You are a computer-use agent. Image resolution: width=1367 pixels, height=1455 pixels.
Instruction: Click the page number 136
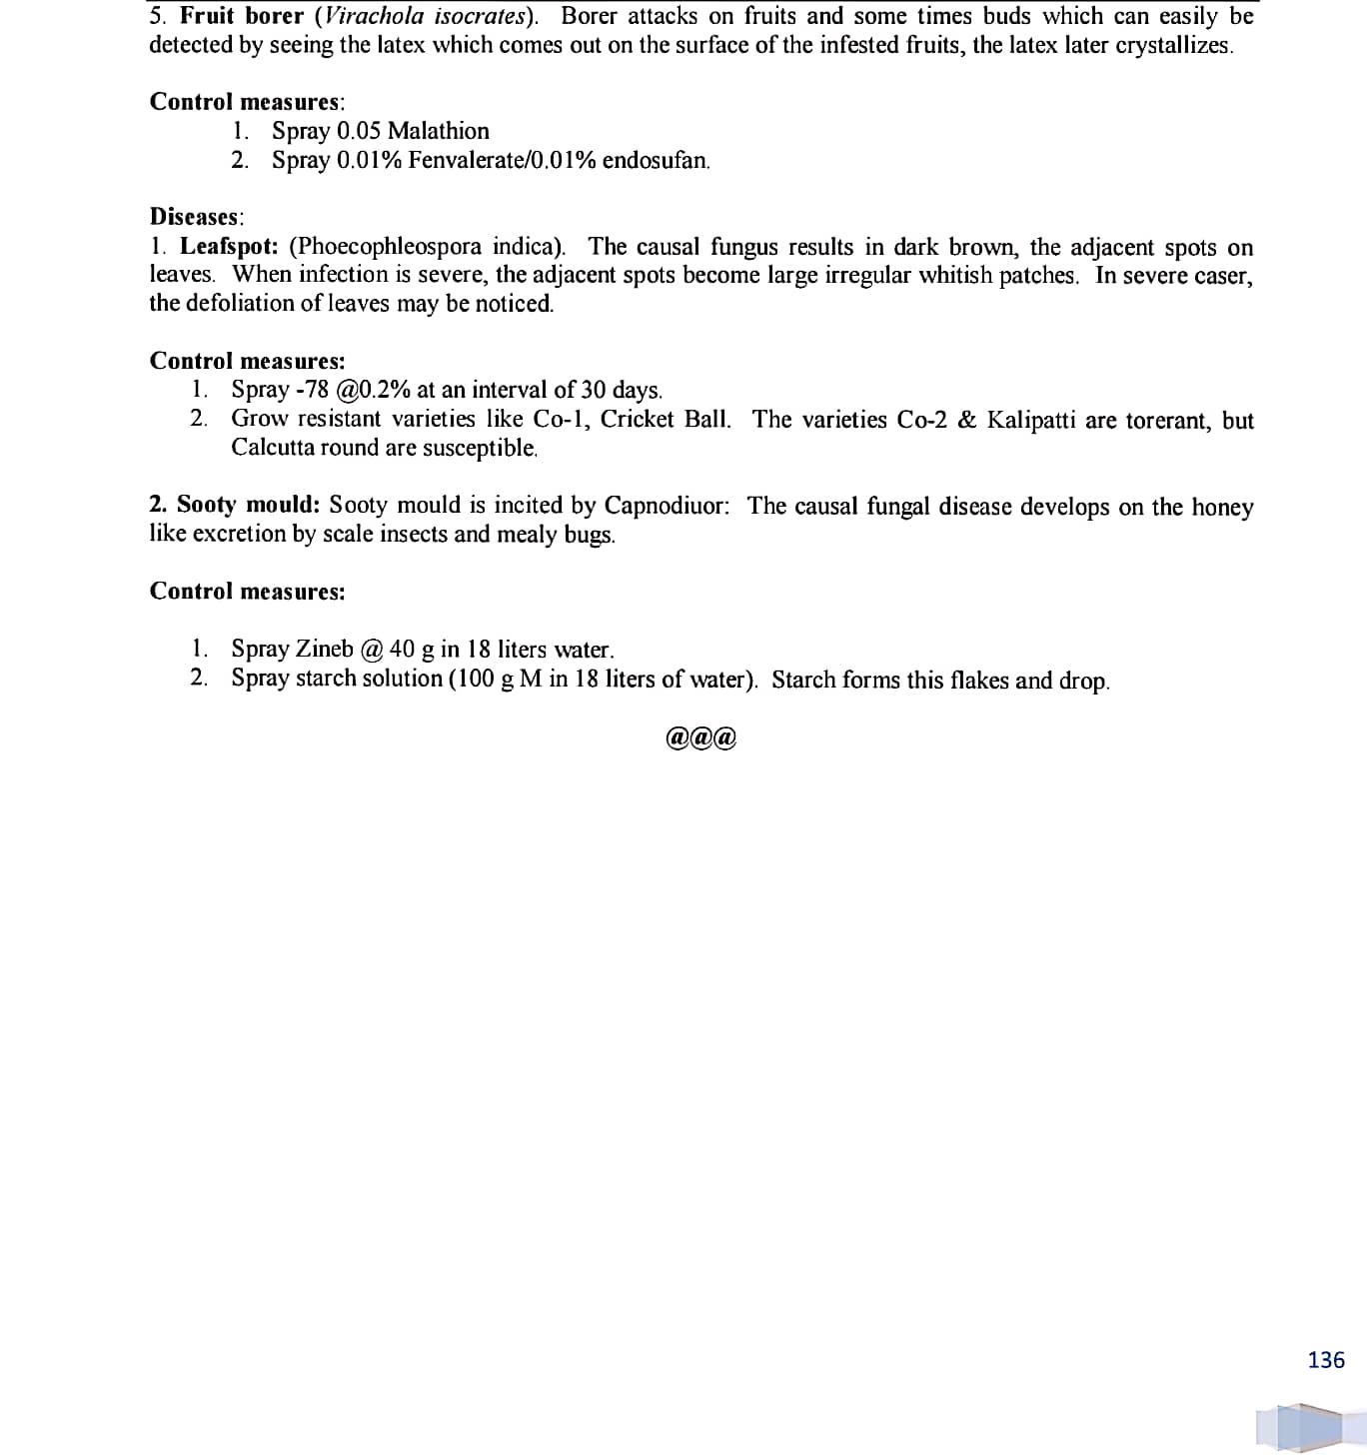click(x=1325, y=1359)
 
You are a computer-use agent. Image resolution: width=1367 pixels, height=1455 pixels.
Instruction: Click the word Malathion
click(x=438, y=131)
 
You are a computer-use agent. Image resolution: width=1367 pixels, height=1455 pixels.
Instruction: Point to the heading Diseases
click(x=195, y=217)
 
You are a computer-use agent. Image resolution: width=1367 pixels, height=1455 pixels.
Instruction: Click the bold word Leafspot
click(x=228, y=246)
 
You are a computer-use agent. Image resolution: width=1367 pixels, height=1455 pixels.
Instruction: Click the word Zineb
click(x=325, y=649)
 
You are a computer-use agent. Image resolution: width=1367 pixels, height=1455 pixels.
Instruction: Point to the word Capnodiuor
click(x=666, y=506)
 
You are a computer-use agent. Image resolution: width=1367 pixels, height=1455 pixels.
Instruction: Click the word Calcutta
click(x=273, y=448)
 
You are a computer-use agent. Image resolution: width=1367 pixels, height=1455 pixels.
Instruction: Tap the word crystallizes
click(x=1172, y=46)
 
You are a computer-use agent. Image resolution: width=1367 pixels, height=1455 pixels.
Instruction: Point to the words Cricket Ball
click(x=665, y=420)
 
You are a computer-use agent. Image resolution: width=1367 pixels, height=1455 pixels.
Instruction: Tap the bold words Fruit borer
click(x=241, y=17)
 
